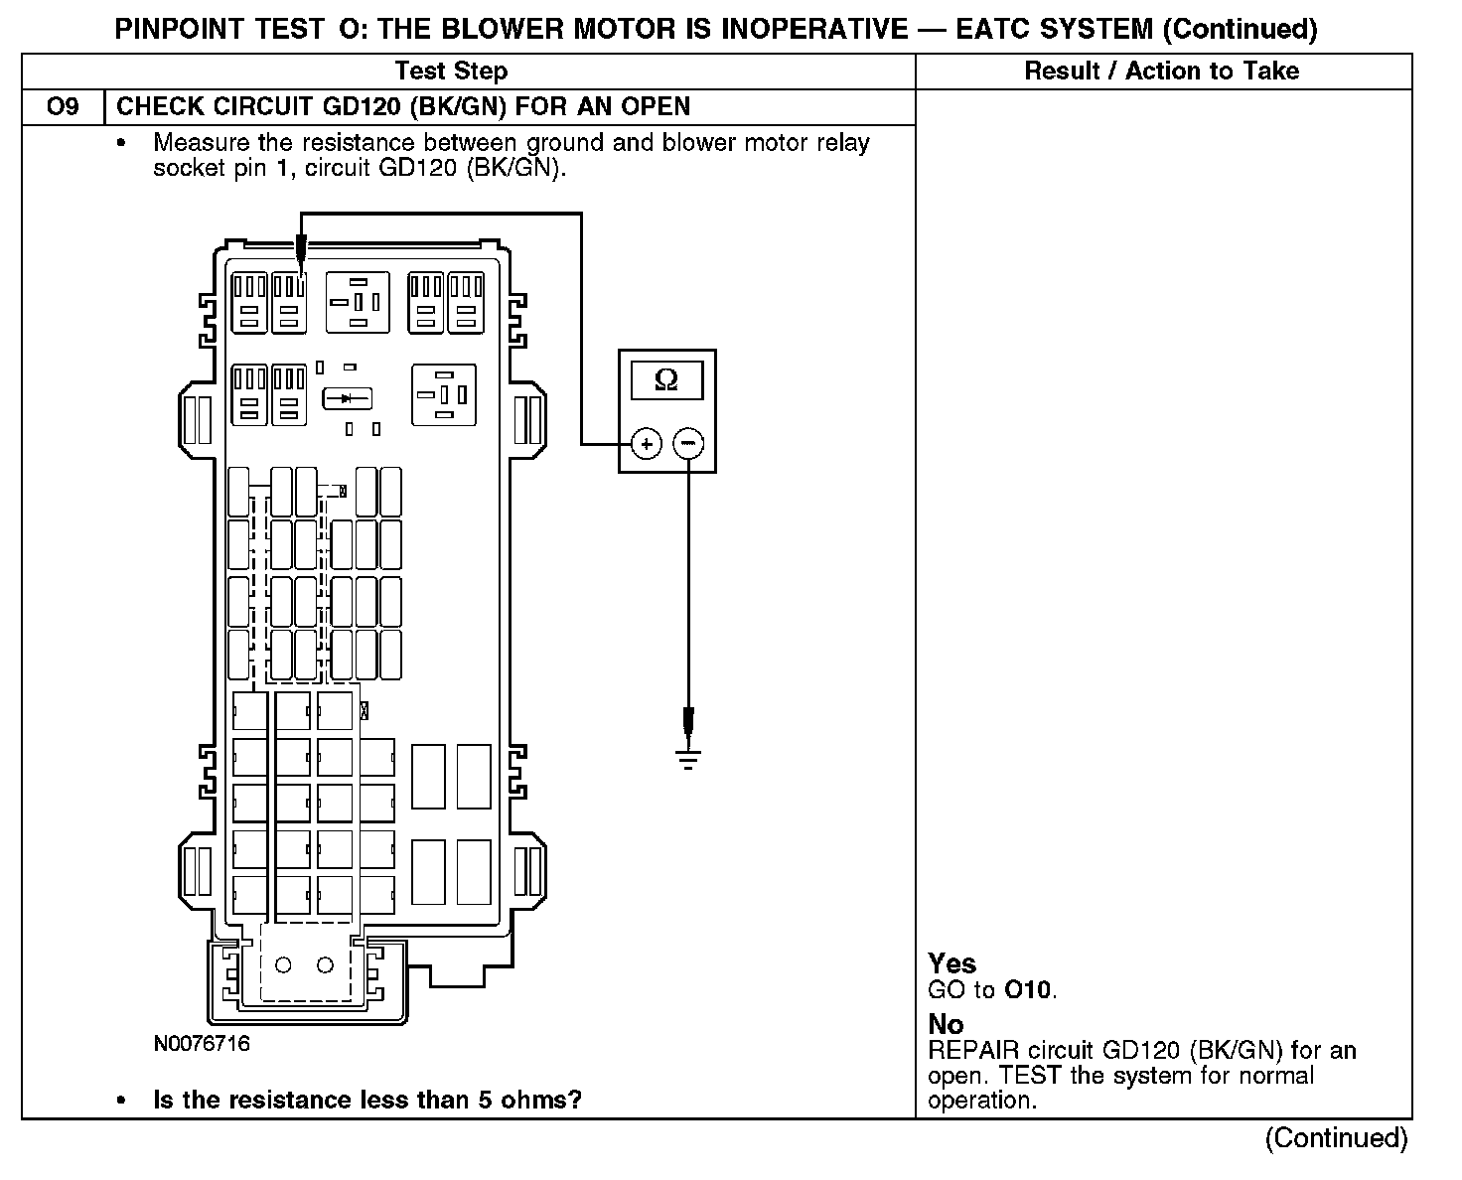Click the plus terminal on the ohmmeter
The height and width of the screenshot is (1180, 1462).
pyautogui.click(x=647, y=443)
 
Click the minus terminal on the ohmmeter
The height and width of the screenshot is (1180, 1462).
pyautogui.click(x=689, y=443)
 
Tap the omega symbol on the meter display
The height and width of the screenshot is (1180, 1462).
pyautogui.click(x=667, y=380)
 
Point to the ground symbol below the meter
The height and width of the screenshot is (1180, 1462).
pyautogui.click(x=687, y=760)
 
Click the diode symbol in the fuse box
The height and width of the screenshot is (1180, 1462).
pyautogui.click(x=347, y=398)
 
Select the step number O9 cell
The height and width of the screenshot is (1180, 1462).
pyautogui.click(x=63, y=106)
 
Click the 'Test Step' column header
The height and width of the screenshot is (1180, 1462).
pyautogui.click(x=451, y=72)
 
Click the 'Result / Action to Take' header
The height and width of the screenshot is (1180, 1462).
pyautogui.click(x=1161, y=72)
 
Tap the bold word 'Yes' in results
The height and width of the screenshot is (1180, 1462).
pyautogui.click(x=951, y=963)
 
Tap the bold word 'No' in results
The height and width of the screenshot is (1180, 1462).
pyautogui.click(x=946, y=1024)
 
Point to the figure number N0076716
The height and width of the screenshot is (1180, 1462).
pyautogui.click(x=202, y=1044)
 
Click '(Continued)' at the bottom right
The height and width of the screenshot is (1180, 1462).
pyautogui.click(x=1336, y=1138)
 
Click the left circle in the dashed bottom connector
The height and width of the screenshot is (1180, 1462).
pyautogui.click(x=283, y=964)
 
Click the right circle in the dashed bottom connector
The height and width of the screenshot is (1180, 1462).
pyautogui.click(x=325, y=964)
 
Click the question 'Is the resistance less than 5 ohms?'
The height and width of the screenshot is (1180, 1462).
pyautogui.click(x=366, y=1101)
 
